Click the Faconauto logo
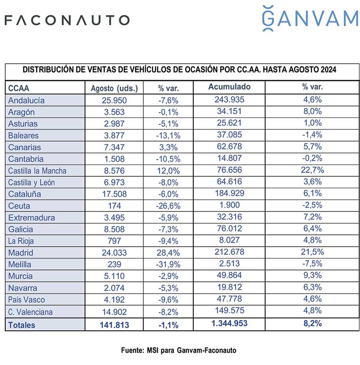[67, 20]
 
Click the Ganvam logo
[310, 18]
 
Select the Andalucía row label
[26, 100]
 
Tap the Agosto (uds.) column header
[114, 88]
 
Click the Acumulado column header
[229, 86]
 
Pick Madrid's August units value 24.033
[114, 252]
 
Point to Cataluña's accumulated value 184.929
[229, 193]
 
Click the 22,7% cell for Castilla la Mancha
[313, 170]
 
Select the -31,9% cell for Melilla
[168, 264]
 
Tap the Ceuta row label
[19, 206]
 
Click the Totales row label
[22, 325]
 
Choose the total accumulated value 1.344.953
[229, 323]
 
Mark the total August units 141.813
[114, 325]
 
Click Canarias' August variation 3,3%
[168, 147]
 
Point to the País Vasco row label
[27, 299]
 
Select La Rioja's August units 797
[114, 240]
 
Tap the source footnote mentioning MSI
[179, 350]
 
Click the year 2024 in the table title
[328, 69]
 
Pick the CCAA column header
[19, 88]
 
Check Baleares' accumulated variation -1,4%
[313, 135]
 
